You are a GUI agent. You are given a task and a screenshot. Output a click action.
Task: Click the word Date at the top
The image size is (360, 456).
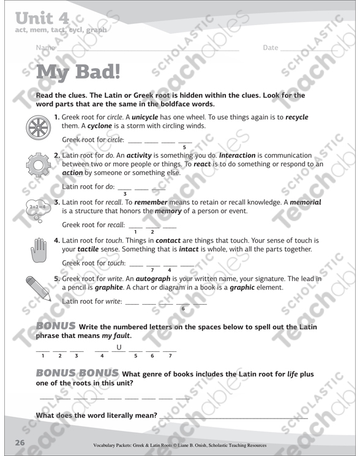point(271,48)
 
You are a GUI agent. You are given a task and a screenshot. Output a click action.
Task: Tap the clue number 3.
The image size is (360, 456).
point(57,203)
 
